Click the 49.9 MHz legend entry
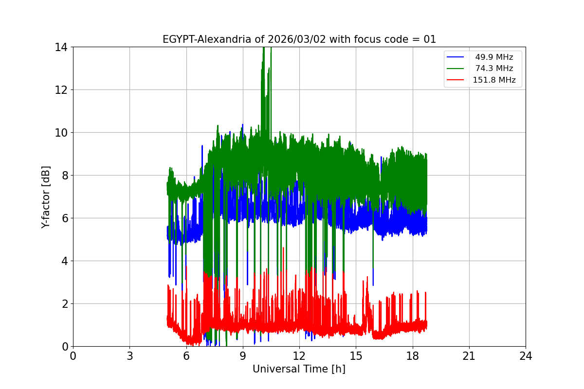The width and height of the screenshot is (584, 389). (x=494, y=57)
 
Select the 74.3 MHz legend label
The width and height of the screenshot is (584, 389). (x=494, y=69)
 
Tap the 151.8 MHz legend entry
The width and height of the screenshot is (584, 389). (x=494, y=80)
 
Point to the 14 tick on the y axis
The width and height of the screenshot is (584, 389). (x=61, y=47)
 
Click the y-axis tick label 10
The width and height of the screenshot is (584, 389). (x=61, y=133)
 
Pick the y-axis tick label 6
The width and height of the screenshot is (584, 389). (x=64, y=218)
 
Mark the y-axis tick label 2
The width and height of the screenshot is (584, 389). (x=64, y=304)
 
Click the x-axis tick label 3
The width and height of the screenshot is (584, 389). (x=129, y=356)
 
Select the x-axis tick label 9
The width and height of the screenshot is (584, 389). (x=243, y=356)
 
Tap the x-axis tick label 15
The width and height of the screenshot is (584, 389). (x=356, y=356)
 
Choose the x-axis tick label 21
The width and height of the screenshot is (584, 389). (x=469, y=356)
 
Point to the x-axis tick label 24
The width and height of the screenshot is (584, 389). (x=526, y=356)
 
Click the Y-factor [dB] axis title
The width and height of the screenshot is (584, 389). (x=46, y=196)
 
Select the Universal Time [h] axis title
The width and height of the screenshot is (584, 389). (x=299, y=369)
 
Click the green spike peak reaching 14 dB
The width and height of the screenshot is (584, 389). (x=264, y=49)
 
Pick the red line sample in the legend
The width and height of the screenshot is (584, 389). (x=456, y=80)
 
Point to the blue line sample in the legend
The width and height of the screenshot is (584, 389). (x=456, y=57)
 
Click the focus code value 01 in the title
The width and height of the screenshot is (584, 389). (x=430, y=39)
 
